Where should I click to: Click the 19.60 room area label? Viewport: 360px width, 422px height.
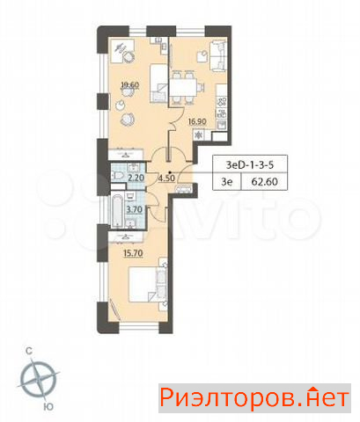point(130,85)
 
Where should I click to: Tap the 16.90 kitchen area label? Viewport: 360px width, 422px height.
point(197,121)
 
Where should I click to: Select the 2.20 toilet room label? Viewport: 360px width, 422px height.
point(136,178)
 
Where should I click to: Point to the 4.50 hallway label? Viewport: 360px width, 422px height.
point(166,178)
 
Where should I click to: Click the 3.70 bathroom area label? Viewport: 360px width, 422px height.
point(134,209)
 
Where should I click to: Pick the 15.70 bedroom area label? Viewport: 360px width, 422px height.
point(134,253)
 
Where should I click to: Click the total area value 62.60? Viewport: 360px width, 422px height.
point(264,182)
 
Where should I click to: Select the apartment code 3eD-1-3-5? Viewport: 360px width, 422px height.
point(250,164)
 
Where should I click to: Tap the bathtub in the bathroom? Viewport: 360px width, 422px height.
point(117,209)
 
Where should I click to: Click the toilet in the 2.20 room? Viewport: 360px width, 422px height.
point(117,177)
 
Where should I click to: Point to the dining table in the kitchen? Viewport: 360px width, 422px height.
point(183,87)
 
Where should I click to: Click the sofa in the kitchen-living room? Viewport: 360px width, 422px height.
point(218,56)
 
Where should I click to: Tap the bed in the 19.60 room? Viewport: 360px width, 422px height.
point(159,84)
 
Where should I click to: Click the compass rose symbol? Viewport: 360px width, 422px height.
point(39,378)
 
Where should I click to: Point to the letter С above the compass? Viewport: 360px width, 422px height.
point(29,351)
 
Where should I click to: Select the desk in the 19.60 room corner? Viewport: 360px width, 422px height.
point(121,50)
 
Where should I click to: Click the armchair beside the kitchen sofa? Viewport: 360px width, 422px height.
point(202,56)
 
